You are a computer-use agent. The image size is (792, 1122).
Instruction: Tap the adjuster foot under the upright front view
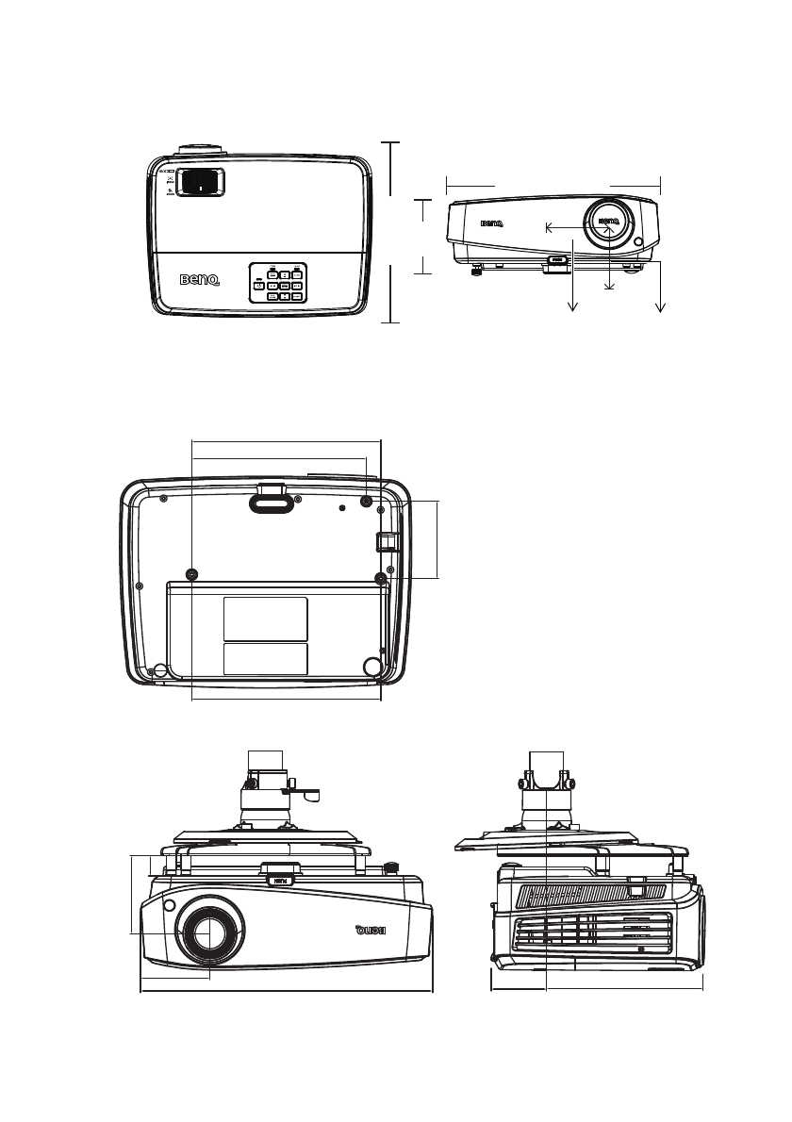[x=476, y=272]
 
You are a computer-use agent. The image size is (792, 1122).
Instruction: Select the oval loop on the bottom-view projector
[x=272, y=505]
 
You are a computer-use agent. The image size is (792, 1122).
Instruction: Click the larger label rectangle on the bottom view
[x=265, y=619]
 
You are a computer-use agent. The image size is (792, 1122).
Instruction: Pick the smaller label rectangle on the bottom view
[x=265, y=659]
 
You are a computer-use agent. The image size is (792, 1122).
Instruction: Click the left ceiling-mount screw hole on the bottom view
[x=192, y=574]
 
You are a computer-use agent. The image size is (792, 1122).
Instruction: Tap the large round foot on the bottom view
[x=372, y=667]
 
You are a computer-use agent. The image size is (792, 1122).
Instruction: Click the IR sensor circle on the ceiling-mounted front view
[x=169, y=906]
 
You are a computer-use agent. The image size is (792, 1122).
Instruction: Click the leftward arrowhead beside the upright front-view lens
[x=550, y=227]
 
